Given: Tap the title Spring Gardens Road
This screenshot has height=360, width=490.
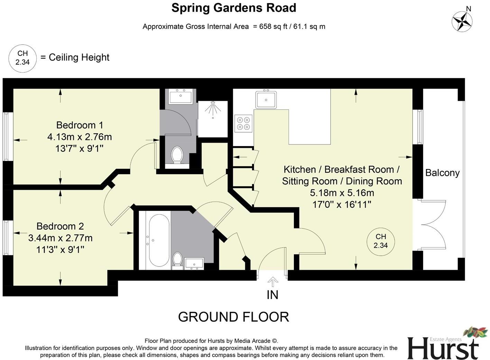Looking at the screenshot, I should point(234,8).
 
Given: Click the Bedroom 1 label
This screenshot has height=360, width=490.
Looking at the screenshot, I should point(80,125).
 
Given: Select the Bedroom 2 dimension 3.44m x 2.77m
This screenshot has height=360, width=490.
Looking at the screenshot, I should point(60,238).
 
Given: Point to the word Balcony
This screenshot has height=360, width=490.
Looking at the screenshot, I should point(442,173).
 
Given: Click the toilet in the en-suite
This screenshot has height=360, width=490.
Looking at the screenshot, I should point(177,155).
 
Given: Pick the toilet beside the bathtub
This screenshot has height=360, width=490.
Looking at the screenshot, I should point(177,260).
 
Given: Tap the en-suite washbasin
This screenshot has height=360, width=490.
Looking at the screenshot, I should point(181,96).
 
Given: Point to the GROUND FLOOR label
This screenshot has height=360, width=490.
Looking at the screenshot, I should point(233,317).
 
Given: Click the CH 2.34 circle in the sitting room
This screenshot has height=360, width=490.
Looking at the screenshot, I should point(381,241).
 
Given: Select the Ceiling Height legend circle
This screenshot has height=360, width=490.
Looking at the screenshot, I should point(22,58).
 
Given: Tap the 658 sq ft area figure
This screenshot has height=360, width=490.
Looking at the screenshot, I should point(272,27).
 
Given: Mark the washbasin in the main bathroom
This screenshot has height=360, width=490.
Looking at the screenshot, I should point(194,263).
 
